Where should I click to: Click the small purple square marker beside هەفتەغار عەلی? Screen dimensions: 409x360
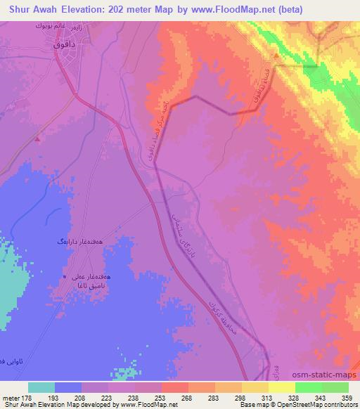click(66, 278)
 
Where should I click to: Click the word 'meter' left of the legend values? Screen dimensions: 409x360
click(9, 398)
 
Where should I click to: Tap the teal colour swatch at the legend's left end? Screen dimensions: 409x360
click(41, 387)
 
